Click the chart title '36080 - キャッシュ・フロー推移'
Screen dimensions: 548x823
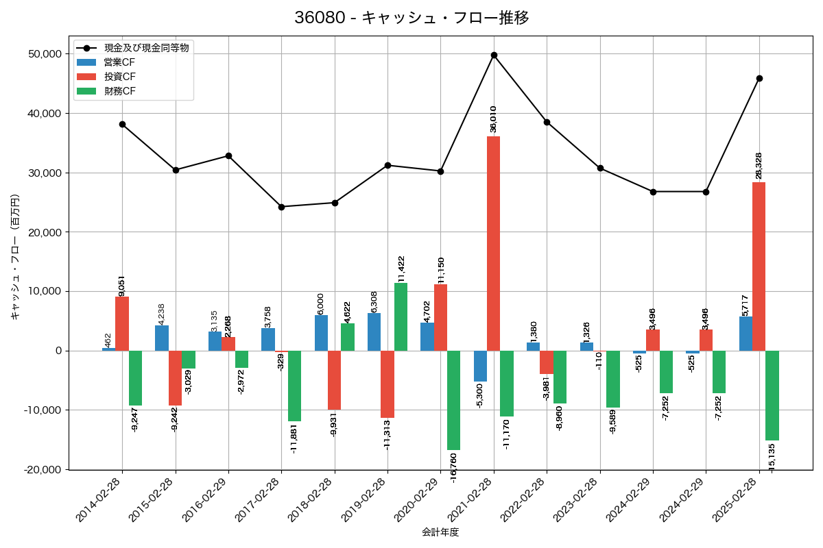[x=411, y=18]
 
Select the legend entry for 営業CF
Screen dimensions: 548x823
[x=124, y=62]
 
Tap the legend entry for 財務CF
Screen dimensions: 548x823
[x=124, y=91]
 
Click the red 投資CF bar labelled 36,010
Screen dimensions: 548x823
[x=494, y=243]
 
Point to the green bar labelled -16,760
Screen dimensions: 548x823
[x=453, y=400]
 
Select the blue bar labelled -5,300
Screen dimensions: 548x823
[x=480, y=366]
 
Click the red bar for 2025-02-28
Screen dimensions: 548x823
[x=759, y=266]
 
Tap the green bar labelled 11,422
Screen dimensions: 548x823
[x=401, y=316]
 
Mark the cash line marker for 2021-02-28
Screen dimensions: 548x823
[x=494, y=55]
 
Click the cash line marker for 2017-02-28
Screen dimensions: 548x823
[x=281, y=207]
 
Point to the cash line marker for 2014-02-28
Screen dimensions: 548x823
[x=122, y=124]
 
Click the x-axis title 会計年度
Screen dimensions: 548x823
[x=440, y=532]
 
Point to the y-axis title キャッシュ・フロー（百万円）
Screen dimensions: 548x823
[x=15, y=257]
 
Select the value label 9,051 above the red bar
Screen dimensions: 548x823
[x=122, y=286]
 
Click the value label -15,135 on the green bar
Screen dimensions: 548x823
[x=772, y=458]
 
